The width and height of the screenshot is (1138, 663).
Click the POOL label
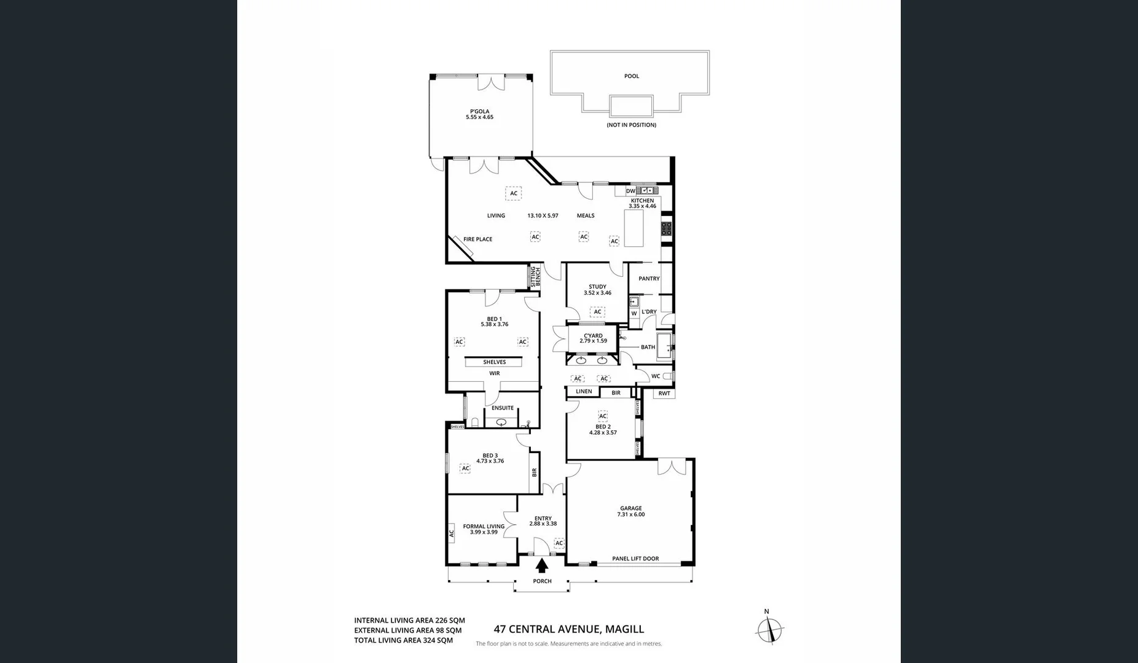point(632,76)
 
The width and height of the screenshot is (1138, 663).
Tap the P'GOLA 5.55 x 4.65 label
point(479,114)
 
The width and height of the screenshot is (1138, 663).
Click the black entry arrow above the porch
point(542,565)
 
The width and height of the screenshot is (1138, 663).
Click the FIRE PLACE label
point(477,239)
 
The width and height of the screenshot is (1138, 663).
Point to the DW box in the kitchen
point(630,191)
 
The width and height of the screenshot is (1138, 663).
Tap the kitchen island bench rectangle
point(634,228)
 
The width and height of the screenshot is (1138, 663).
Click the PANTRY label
point(649,279)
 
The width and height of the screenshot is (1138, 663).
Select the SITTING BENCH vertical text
point(535,276)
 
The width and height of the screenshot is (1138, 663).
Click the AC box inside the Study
point(597,312)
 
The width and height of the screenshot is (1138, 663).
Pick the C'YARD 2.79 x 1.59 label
point(593,338)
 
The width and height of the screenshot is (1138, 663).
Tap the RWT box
point(664,394)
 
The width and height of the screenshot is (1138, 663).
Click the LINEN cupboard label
point(584,392)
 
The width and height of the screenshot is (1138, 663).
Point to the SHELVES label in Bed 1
point(494,362)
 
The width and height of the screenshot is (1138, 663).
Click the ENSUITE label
point(502,408)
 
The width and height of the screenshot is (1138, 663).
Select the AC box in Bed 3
point(465,468)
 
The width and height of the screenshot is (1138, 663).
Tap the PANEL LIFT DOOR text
point(635,559)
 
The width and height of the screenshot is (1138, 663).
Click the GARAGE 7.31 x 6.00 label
point(631,511)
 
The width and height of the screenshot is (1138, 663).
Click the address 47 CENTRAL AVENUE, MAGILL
point(569,629)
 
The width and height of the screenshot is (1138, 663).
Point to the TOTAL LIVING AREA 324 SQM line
point(403,640)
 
